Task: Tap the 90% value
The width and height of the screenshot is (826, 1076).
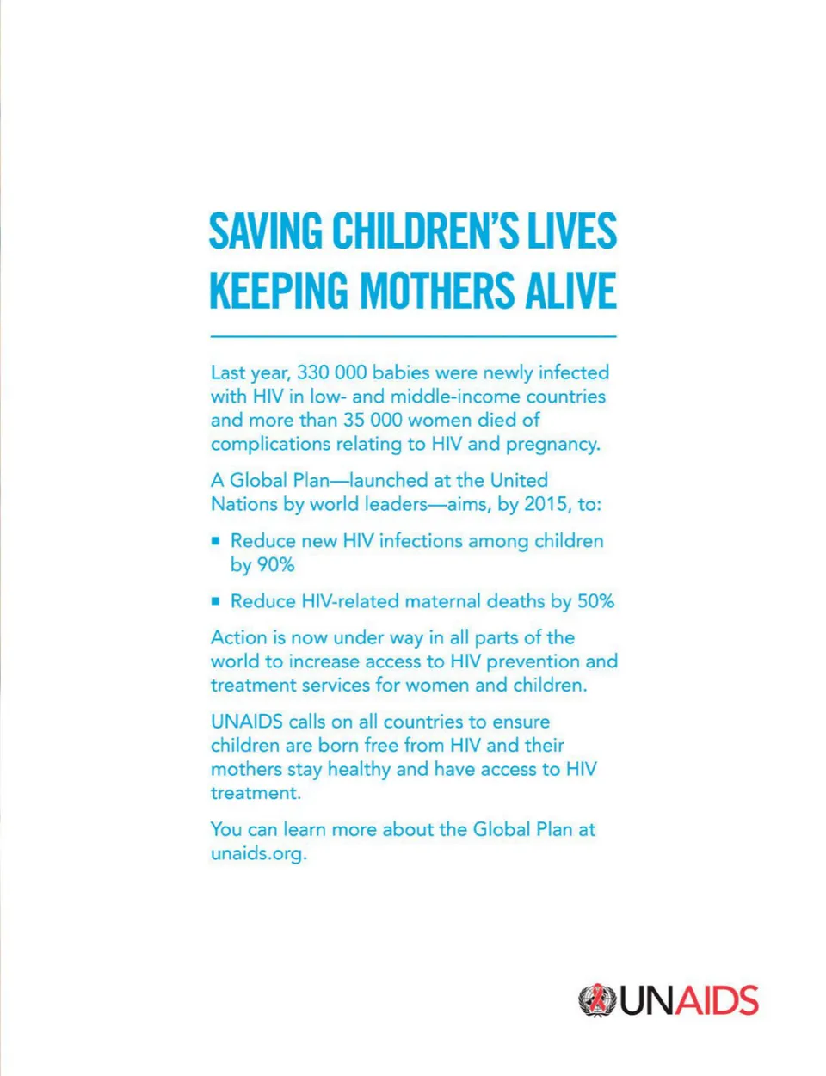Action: click(x=274, y=565)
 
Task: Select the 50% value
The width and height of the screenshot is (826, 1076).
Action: click(x=595, y=601)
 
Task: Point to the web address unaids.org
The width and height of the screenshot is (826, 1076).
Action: click(x=258, y=854)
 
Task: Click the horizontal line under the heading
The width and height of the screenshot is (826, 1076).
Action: click(x=413, y=336)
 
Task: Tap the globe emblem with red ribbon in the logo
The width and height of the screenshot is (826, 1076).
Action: click(x=596, y=1000)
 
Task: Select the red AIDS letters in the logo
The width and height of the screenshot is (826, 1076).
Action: click(x=716, y=1001)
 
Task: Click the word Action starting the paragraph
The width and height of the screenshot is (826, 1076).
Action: click(x=238, y=637)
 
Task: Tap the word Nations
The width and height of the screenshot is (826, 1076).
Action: click(x=244, y=504)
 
